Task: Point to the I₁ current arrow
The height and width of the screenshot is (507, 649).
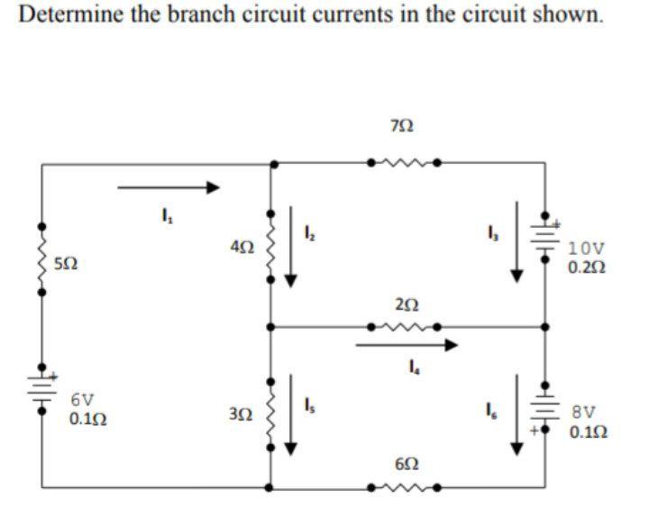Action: coord(169,187)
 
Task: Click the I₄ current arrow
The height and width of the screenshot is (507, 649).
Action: coord(407,344)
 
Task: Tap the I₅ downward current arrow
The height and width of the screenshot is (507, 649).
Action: coord(290,414)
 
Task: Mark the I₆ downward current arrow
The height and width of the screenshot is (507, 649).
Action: coord(516,414)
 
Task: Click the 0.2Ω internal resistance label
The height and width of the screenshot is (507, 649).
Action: coord(586,267)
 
